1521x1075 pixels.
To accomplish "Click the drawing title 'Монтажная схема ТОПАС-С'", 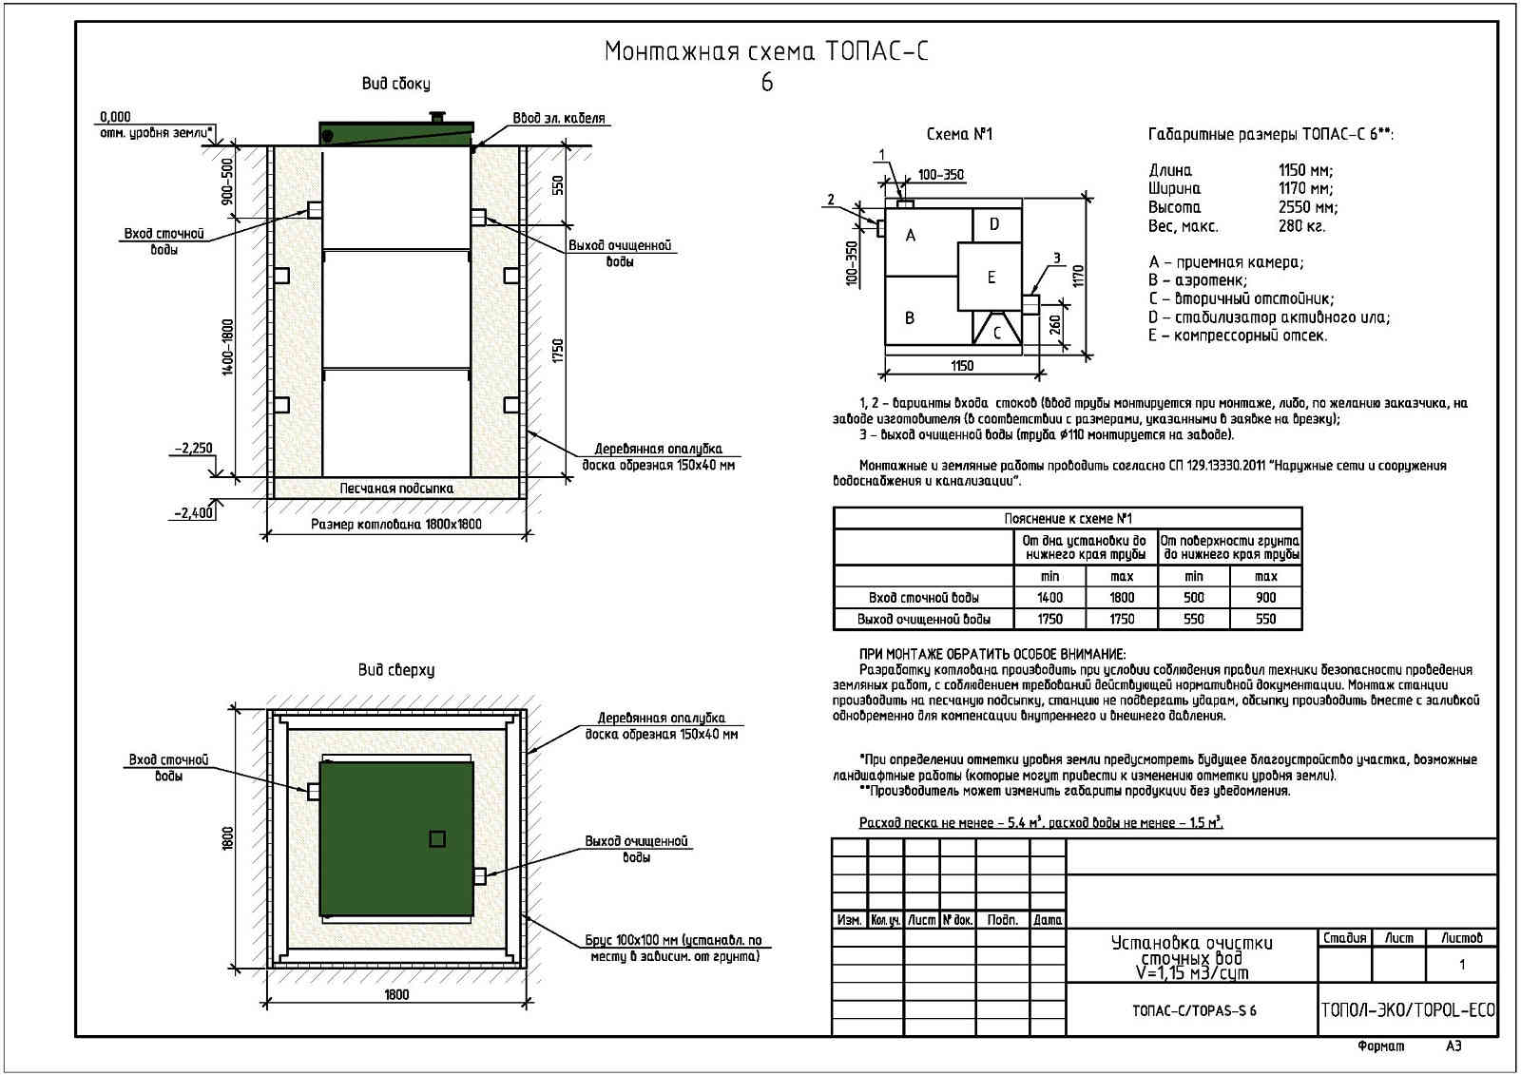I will click(765, 51).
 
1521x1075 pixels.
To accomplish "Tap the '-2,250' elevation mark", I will click(193, 449).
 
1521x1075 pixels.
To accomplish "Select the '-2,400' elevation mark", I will click(194, 513).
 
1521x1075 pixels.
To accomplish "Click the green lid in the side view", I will click(395, 133).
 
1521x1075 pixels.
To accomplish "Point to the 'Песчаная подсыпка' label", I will click(396, 489).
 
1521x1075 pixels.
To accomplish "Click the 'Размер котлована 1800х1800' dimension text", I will click(396, 525).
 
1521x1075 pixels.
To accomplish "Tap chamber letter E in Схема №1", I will click(992, 278).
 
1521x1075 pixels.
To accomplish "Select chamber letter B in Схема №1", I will click(910, 317).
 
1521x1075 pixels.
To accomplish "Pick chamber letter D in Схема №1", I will click(994, 224).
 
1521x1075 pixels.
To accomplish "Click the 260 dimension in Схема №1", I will click(1055, 325).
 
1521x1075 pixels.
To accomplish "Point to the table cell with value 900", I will click(1265, 598).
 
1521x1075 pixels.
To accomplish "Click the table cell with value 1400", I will click(1049, 598).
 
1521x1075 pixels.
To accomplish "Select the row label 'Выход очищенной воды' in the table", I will click(923, 620).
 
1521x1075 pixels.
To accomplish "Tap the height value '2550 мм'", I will click(1307, 207).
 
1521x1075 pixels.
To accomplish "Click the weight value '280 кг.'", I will click(1301, 226).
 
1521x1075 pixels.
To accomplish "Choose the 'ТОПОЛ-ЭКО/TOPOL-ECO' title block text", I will click(1408, 1009).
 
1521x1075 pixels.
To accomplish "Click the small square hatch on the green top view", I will click(437, 838).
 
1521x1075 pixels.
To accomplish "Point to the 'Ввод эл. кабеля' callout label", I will click(559, 119).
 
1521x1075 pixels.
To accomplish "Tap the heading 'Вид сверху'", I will click(396, 670).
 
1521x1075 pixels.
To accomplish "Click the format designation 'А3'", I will click(1454, 1046).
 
